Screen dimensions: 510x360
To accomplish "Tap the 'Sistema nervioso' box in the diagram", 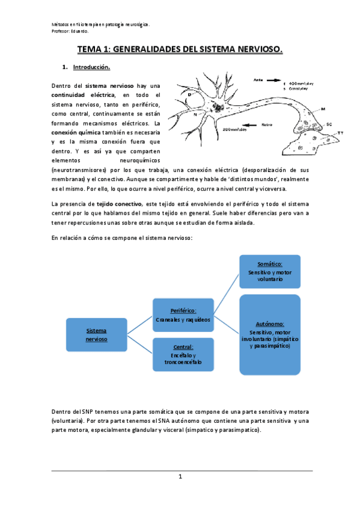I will click(x=97, y=335).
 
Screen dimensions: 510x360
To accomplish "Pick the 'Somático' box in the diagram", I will click(x=270, y=272).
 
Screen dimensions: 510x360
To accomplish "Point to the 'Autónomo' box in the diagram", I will click(x=270, y=334).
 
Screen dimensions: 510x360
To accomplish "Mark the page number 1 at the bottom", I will click(x=180, y=476).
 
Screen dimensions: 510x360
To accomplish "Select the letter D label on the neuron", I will click(x=189, y=95).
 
